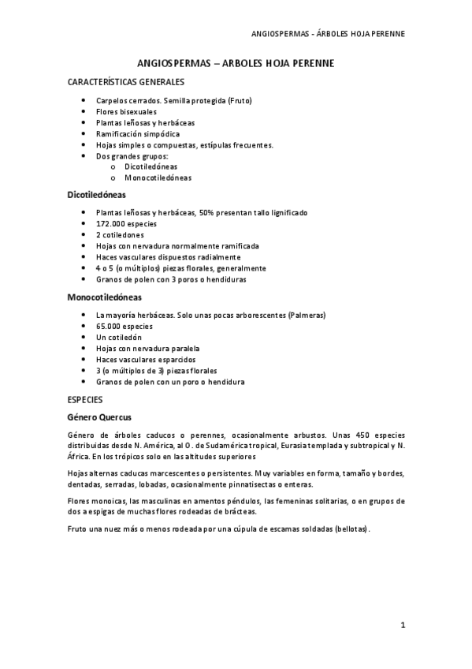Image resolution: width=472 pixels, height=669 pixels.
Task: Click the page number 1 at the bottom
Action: [x=403, y=626]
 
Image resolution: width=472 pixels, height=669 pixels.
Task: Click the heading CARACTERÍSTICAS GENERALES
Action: [x=126, y=81]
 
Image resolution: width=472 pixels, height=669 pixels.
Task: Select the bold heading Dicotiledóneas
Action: [x=97, y=194]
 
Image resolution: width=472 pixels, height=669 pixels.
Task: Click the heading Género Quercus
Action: [x=99, y=417]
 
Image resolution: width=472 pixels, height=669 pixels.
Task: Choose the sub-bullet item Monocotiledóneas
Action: [x=158, y=178]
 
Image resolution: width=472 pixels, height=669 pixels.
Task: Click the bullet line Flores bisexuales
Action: [x=126, y=112]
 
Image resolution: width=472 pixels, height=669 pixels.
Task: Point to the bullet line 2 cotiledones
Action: [x=120, y=235]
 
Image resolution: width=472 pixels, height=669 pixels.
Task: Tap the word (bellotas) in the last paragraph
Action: [x=351, y=528]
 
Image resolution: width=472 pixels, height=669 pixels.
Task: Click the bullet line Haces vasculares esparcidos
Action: [x=146, y=359]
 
